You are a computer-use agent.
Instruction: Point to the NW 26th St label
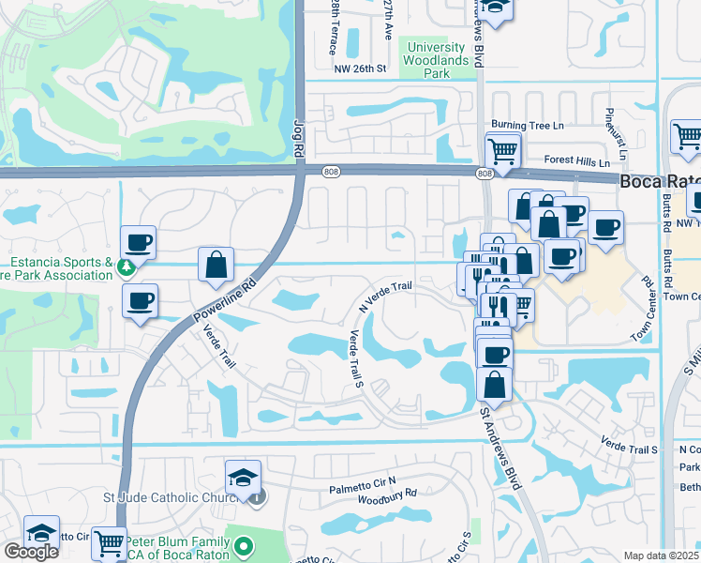[361, 68]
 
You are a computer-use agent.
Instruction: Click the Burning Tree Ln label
[529, 125]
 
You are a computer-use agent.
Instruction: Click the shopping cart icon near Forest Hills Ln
[503, 149]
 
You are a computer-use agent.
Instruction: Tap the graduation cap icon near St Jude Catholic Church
[243, 475]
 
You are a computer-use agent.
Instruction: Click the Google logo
[30, 553]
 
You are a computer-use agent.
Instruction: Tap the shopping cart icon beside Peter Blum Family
[110, 541]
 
